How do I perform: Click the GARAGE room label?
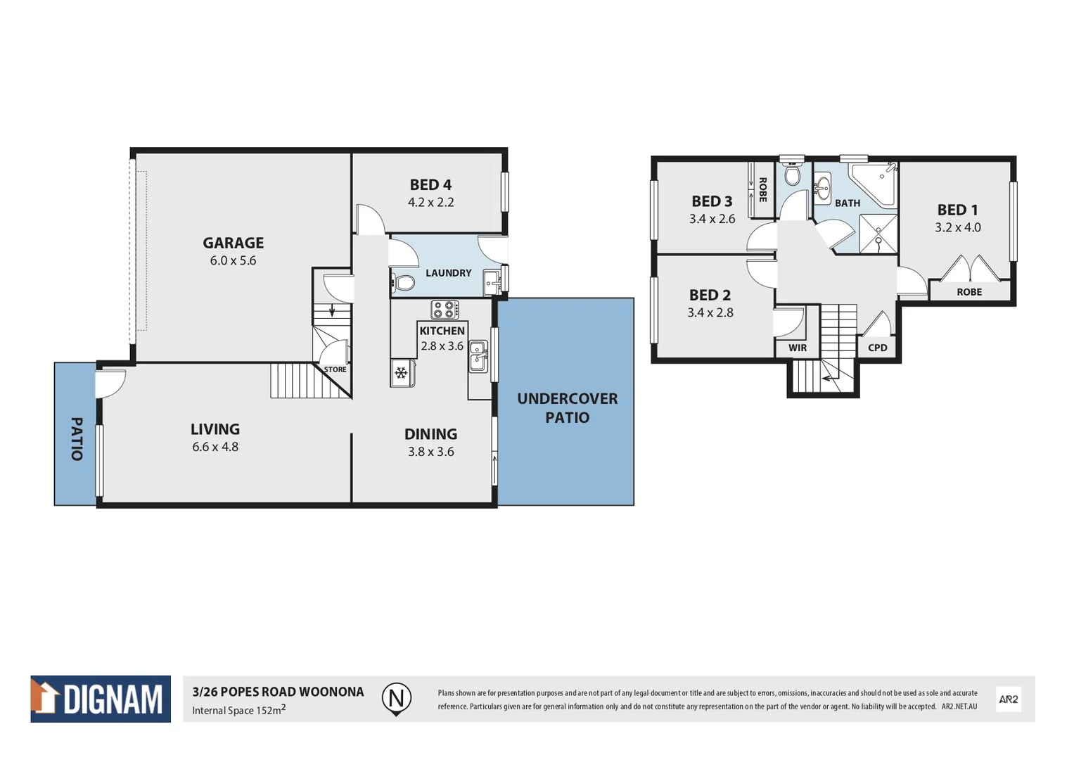[233, 243]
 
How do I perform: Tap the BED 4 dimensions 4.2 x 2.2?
[430, 203]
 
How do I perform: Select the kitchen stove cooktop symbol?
[445, 310]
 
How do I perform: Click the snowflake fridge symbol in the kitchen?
[402, 373]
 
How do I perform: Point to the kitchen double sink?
[478, 357]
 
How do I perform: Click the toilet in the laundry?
[403, 283]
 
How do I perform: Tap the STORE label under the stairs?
[335, 369]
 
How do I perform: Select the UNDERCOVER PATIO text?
[567, 408]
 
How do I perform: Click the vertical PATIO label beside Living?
[77, 439]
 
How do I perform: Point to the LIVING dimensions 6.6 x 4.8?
[215, 447]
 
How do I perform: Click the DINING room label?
[430, 434]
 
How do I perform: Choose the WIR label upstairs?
[798, 348]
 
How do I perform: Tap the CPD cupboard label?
[877, 348]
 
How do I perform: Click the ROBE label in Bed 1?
[968, 292]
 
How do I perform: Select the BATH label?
[847, 203]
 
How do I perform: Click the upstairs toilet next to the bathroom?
[793, 175]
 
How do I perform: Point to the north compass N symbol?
[396, 698]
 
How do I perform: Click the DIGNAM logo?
[101, 699]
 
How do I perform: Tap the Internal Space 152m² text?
[238, 710]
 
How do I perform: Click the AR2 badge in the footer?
[1008, 699]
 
